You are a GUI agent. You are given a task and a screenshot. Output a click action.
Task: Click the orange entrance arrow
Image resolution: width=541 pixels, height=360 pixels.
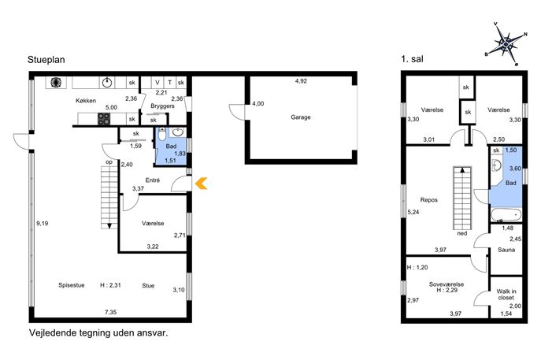coord(201,184)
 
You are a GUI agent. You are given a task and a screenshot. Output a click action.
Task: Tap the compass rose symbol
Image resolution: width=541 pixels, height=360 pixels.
coord(506,44)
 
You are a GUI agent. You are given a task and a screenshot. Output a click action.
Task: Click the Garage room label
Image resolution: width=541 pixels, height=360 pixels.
coord(301,117)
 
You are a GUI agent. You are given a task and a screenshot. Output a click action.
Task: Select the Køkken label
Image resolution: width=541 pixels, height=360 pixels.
coord(86,101)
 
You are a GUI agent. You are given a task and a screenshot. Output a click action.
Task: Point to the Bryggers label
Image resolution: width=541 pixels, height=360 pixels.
coord(162,106)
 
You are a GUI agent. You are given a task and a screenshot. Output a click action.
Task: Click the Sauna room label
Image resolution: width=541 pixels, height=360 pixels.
coord(506,250)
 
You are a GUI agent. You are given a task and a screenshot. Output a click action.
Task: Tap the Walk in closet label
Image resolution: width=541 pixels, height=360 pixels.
coord(506,295)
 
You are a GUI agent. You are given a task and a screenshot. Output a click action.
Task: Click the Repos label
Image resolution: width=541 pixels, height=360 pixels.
coord(429,200)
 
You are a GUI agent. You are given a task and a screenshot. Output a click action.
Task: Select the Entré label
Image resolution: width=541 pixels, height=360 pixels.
coord(153,180)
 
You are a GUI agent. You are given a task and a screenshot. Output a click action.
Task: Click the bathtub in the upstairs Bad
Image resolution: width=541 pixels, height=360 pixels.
coord(506,215)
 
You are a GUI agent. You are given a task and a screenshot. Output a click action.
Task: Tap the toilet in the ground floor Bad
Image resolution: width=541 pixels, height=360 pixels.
coord(161,134)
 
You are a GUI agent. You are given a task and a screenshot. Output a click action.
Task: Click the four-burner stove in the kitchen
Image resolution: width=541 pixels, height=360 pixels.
coord(104,119)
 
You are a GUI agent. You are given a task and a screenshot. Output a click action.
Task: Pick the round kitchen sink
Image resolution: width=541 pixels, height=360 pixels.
coord(108,83)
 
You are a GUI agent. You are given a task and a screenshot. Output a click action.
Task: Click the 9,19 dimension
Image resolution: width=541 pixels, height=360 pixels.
coord(42,223)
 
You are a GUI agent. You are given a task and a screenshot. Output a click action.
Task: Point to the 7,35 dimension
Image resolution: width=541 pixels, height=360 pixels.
coord(110,312)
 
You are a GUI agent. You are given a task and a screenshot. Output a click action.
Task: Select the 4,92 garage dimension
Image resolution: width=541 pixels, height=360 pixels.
coord(301,81)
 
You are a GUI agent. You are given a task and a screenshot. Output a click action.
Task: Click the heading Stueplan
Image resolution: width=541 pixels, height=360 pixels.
coord(46,60)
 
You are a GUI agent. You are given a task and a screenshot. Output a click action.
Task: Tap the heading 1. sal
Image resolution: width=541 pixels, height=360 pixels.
coord(412,59)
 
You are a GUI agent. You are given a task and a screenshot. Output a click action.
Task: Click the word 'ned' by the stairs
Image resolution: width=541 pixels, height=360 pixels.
coord(462,233)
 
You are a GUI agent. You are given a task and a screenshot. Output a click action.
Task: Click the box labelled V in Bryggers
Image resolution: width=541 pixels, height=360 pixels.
coord(157,83)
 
